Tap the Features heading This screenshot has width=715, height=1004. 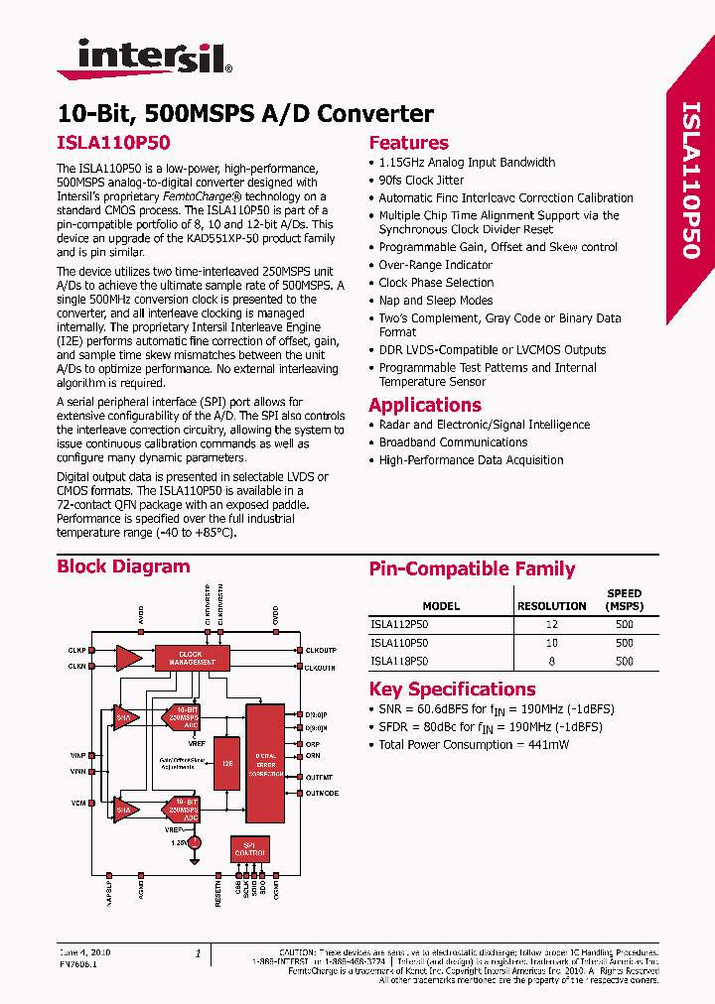[x=408, y=142]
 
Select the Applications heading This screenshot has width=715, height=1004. [x=424, y=405]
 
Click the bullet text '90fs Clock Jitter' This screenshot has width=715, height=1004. [x=421, y=181]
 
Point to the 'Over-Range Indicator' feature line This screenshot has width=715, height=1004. [x=435, y=265]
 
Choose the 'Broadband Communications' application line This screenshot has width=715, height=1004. [x=453, y=442]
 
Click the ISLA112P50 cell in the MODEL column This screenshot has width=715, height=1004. [x=399, y=625]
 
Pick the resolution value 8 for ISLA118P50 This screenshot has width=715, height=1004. [x=552, y=661]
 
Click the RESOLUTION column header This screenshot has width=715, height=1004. [x=552, y=606]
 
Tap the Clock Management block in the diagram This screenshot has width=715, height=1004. [x=192, y=657]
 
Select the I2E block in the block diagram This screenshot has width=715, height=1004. [x=226, y=765]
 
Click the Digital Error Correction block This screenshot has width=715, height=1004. [x=265, y=763]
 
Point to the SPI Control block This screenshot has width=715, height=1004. [x=249, y=848]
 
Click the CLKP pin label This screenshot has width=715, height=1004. [x=77, y=651]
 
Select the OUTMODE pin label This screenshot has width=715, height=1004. [x=322, y=793]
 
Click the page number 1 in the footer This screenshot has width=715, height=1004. [x=198, y=953]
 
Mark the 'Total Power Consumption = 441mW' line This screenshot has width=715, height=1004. [x=474, y=744]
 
